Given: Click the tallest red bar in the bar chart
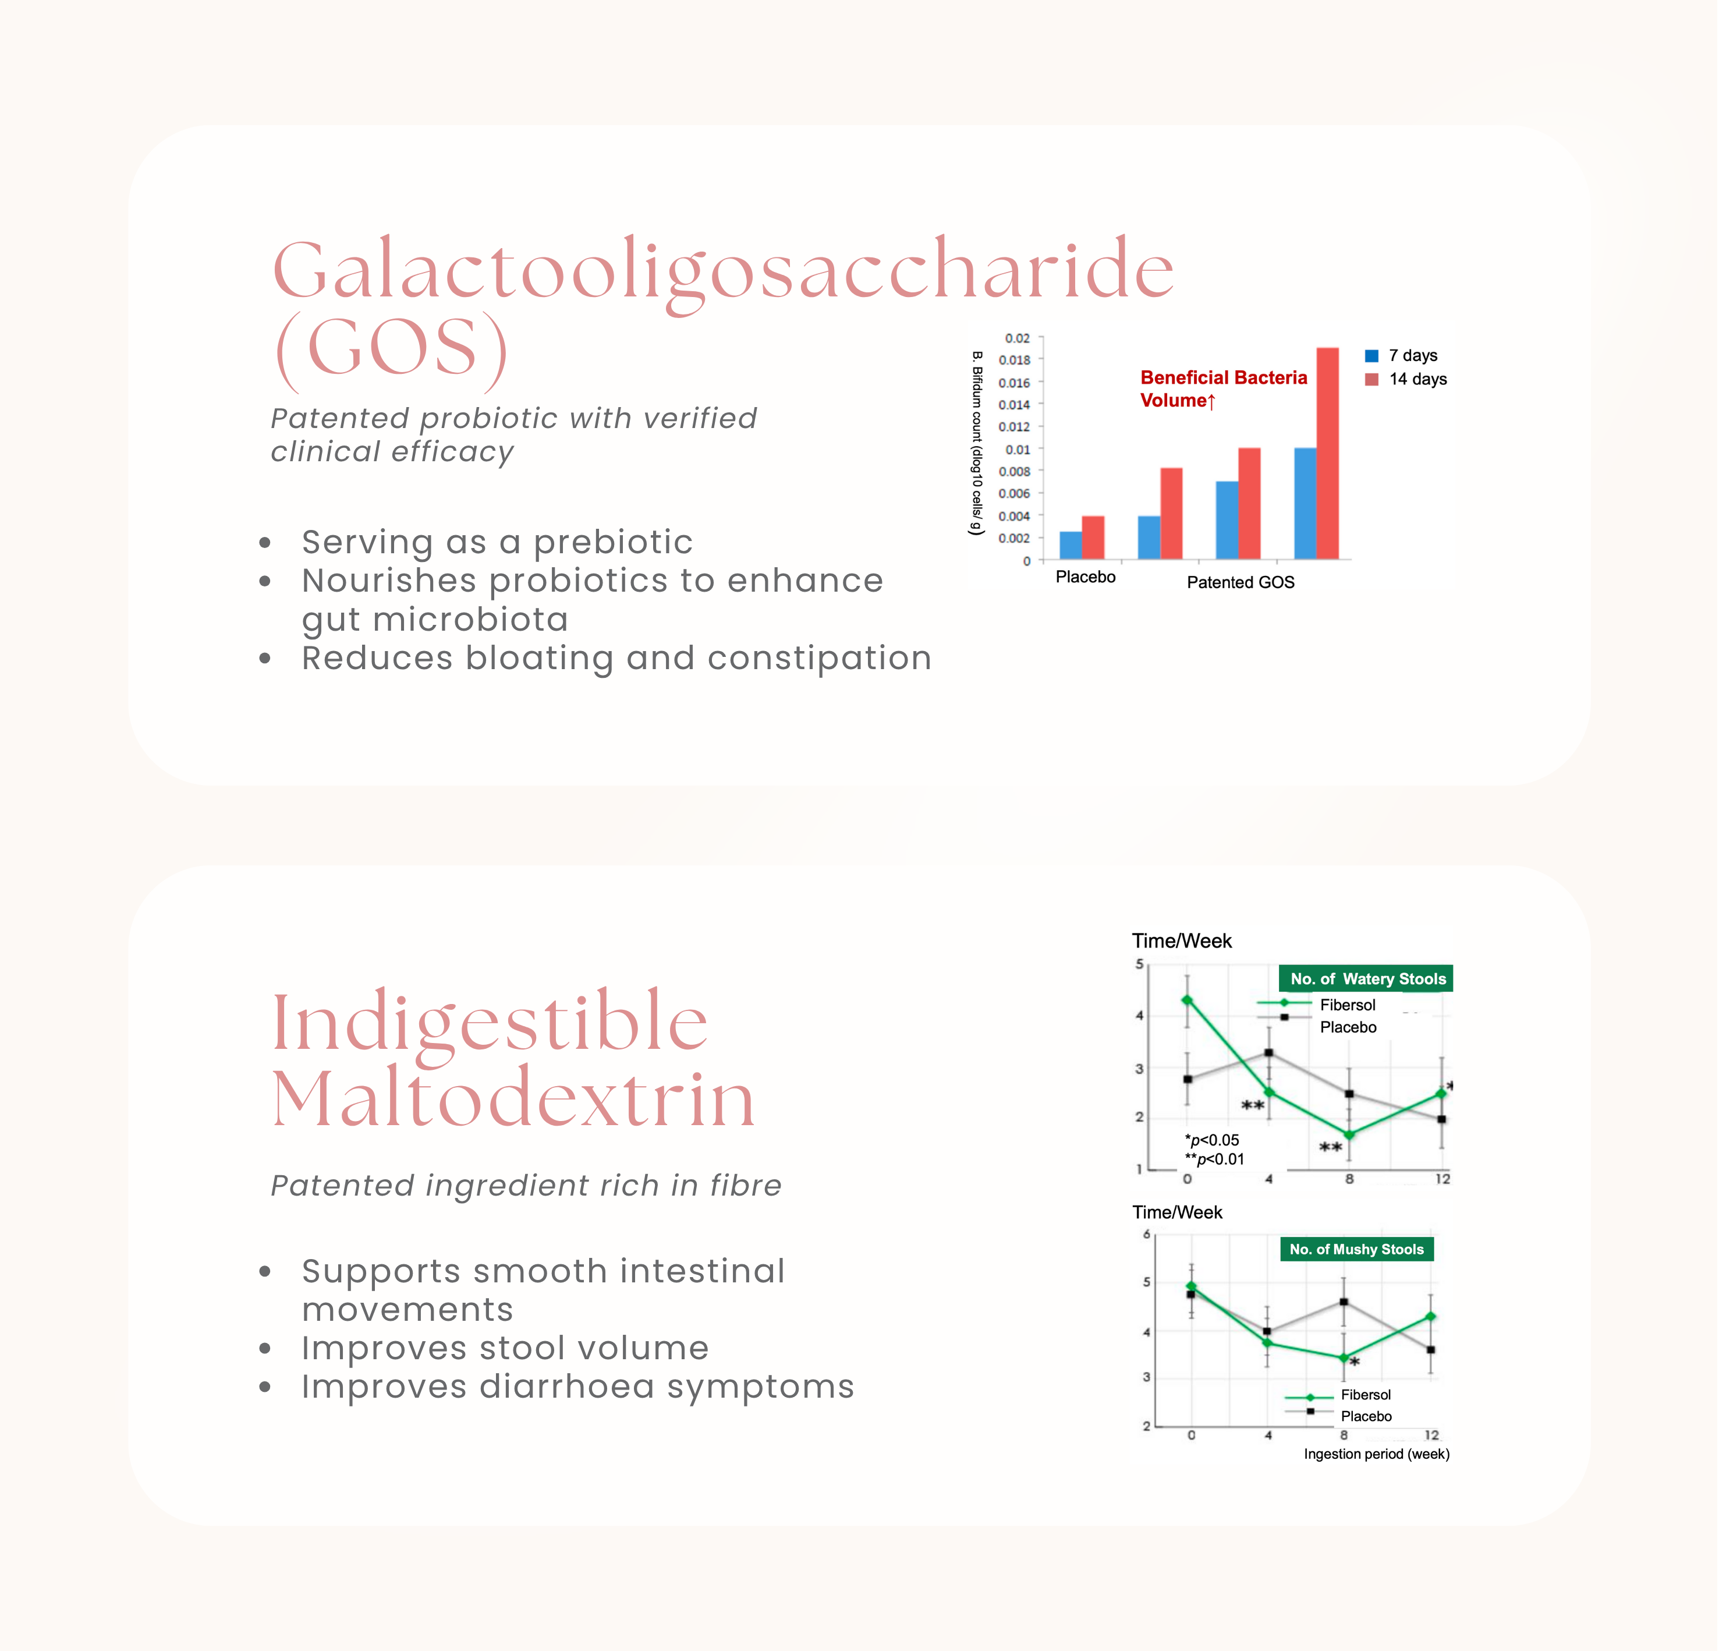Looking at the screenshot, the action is tap(1327, 454).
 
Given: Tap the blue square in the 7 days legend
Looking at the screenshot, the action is tap(1371, 355).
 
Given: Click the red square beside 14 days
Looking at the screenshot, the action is tap(1371, 379).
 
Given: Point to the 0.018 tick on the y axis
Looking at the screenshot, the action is tap(1015, 360).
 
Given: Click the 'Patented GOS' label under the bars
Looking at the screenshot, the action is tap(1240, 582).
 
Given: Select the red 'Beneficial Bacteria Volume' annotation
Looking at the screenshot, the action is tap(1224, 388).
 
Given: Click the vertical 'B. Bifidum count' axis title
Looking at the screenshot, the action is tap(976, 443).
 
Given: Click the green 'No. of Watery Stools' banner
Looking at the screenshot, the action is tap(1366, 978).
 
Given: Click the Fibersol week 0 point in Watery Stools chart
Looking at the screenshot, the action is tap(1188, 1000).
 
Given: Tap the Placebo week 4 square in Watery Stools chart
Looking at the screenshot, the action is tap(1268, 1053).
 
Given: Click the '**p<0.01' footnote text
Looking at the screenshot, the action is tap(1215, 1159).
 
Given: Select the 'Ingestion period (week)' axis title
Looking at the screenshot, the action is tap(1376, 1454).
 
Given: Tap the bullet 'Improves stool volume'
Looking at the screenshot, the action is tap(505, 1348).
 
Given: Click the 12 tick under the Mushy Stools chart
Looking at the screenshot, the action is tap(1431, 1435).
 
